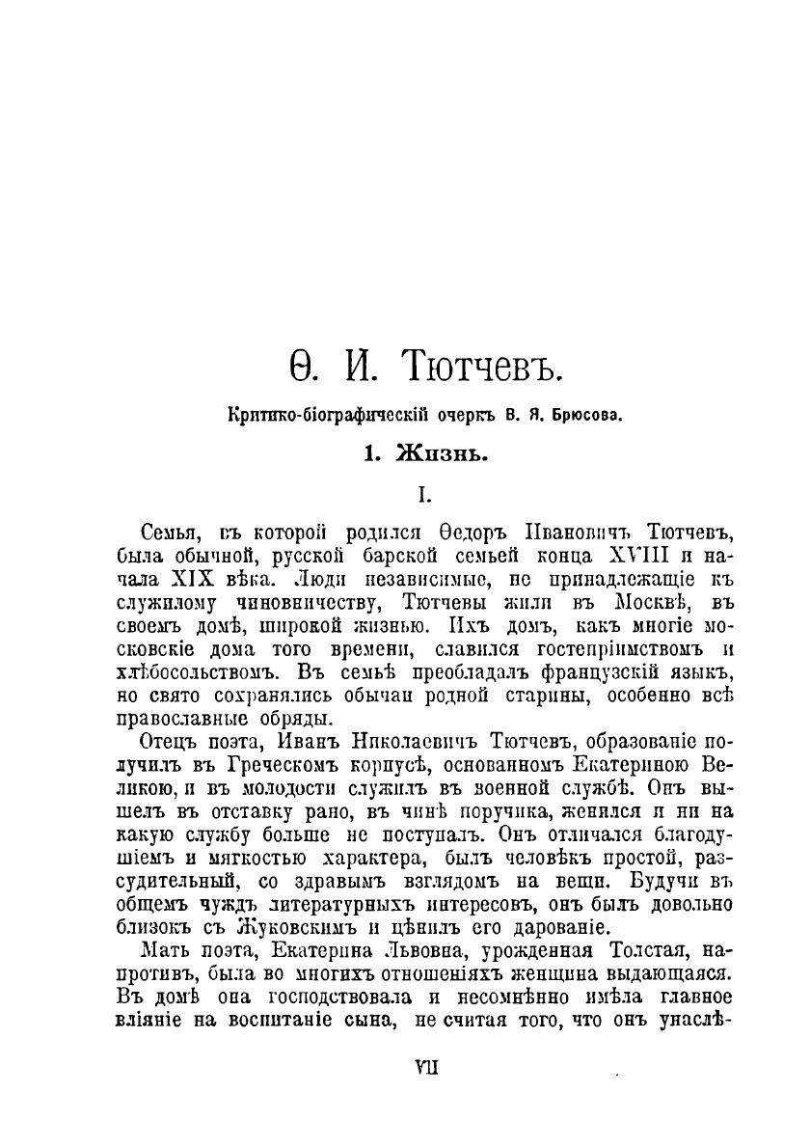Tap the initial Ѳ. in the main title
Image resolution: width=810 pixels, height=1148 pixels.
point(304,368)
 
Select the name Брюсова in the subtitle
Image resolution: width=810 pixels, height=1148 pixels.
point(581,416)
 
